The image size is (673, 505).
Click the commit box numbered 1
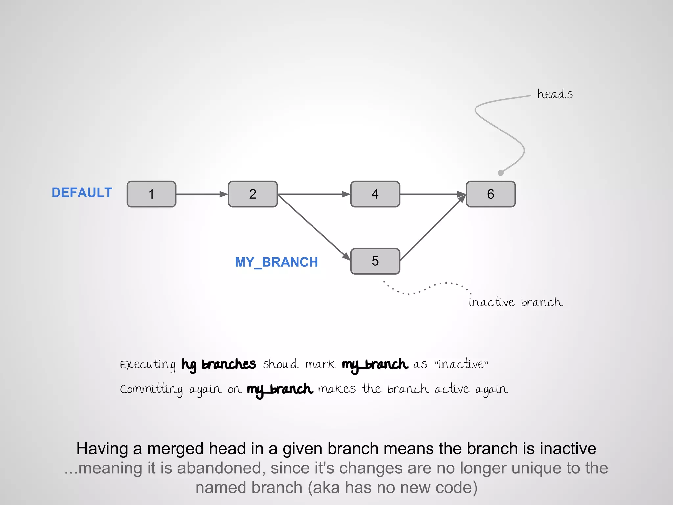coord(151,194)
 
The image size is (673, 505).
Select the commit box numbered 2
coord(253,194)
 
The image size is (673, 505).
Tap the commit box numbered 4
coord(375,194)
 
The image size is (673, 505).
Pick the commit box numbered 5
coord(375,261)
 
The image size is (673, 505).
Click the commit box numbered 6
coord(491,194)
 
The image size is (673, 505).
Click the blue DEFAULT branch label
coord(82,193)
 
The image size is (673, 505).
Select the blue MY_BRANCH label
coord(276,262)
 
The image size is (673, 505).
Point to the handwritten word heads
coord(555,94)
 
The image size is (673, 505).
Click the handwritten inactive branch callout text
coord(516,302)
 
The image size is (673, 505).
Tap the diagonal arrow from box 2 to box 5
coord(314,227)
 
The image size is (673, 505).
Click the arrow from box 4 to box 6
coord(432,194)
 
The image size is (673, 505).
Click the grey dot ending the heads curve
coord(500,173)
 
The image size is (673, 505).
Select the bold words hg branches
coord(219,364)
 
